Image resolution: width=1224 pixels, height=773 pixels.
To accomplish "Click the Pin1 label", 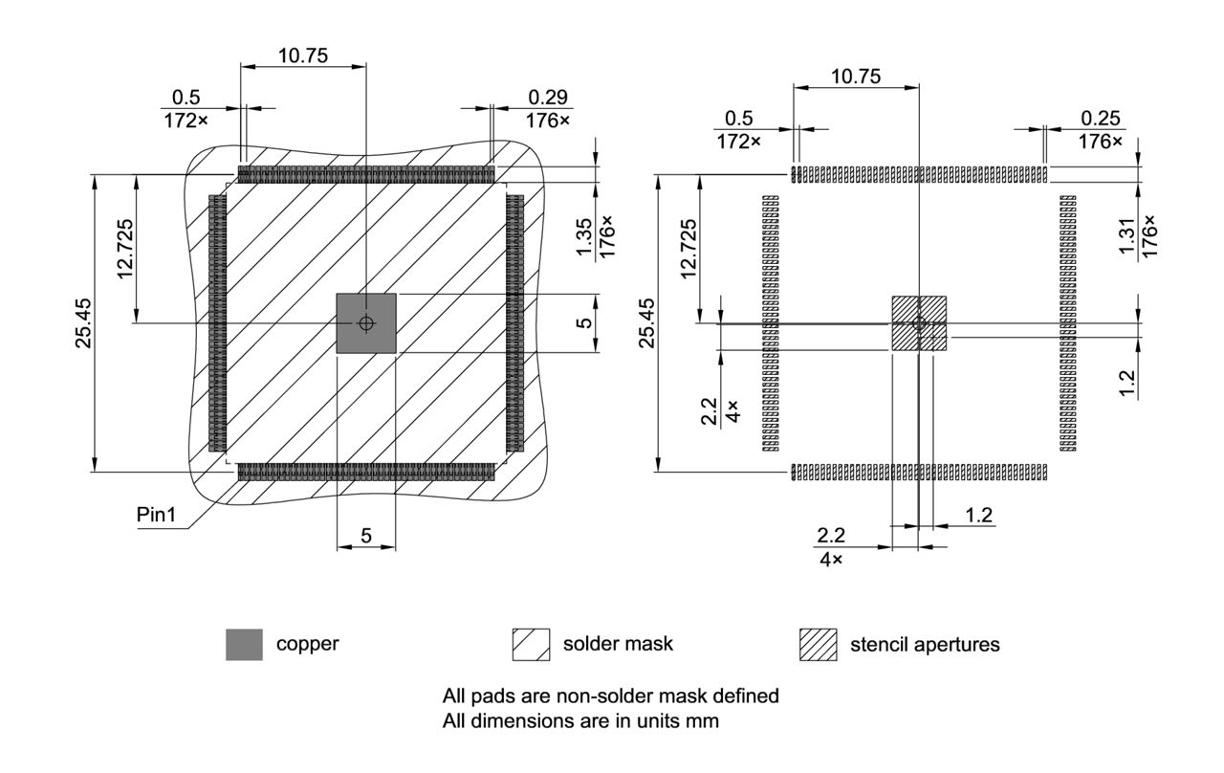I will (159, 514).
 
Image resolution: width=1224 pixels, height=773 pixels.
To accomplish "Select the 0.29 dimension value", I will (548, 97).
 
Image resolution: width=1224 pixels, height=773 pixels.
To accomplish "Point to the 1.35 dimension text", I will (585, 236).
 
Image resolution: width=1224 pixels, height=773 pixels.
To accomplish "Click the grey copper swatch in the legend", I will (244, 645).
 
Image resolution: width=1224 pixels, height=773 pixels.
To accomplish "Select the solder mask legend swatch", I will (531, 645).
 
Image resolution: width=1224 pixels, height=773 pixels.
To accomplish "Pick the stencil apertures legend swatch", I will (818, 645).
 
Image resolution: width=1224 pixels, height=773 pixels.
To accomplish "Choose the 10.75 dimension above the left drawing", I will (303, 55).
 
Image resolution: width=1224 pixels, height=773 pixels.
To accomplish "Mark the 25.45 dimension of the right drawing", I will (646, 322).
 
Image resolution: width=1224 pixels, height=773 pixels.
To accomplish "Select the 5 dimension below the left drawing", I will (366, 537).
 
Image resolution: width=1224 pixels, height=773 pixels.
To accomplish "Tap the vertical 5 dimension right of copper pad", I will (585, 323).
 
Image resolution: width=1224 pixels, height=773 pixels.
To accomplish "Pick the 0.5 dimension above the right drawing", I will (739, 118).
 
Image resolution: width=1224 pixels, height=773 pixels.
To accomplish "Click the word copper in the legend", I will (307, 644).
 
